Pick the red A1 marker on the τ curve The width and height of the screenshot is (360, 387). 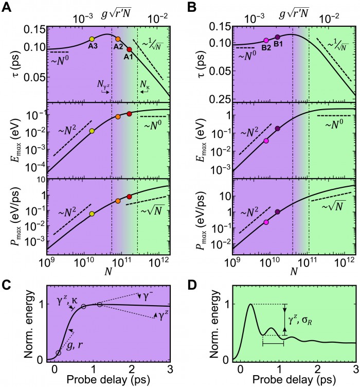click(129, 49)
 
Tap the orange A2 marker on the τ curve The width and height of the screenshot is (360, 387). click(118, 39)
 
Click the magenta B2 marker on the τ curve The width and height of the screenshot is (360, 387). click(266, 41)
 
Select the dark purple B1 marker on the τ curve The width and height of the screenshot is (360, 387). click(278, 37)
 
